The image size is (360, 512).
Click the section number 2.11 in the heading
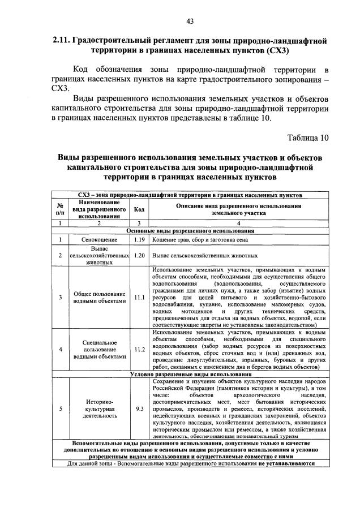coord(61,41)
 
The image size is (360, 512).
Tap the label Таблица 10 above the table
coord(307,137)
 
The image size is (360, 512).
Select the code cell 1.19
coord(139,240)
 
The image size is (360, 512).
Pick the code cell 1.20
coord(139,255)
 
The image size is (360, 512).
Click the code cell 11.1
coord(139,297)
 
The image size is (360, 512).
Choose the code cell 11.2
coord(139,349)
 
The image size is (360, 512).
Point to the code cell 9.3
coord(139,407)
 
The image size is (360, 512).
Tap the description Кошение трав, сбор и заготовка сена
coord(200,240)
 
